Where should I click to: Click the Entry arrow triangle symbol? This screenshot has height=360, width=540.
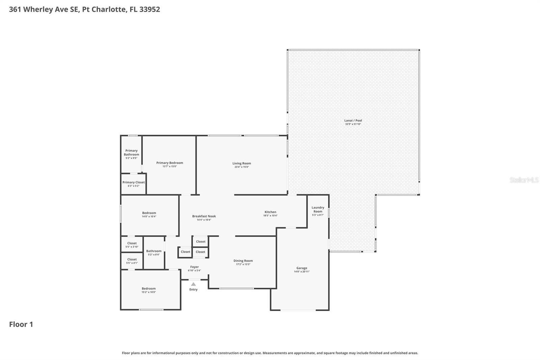(x=193, y=284)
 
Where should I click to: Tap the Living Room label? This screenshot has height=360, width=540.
(x=242, y=163)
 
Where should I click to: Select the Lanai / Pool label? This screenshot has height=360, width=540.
(x=353, y=121)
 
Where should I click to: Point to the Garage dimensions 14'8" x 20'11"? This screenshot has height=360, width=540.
(x=302, y=272)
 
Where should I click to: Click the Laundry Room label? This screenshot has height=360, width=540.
(x=318, y=209)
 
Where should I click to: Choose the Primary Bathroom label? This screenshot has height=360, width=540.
(x=131, y=153)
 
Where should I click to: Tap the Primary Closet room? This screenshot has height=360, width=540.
(x=134, y=184)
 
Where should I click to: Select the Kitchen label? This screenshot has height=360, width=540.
(x=270, y=212)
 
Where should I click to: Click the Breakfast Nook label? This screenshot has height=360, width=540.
(x=204, y=216)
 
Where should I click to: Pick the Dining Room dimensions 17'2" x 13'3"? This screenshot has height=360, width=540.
(x=243, y=264)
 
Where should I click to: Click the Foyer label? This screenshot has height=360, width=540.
(x=194, y=267)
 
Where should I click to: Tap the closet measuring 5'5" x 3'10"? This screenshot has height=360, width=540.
(x=132, y=245)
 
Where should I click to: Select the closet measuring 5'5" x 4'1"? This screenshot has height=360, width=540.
(x=132, y=261)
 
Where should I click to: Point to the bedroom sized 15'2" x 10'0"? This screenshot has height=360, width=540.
(x=148, y=290)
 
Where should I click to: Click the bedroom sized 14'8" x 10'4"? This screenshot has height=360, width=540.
(x=149, y=214)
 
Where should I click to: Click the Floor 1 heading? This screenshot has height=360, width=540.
(x=21, y=324)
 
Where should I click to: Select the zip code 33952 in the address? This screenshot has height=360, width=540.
(x=150, y=9)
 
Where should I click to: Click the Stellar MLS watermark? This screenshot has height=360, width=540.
(x=524, y=180)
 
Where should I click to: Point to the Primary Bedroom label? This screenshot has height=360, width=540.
(x=169, y=163)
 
